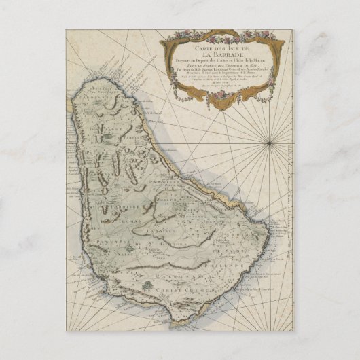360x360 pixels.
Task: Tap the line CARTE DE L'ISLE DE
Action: pos(216,48)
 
